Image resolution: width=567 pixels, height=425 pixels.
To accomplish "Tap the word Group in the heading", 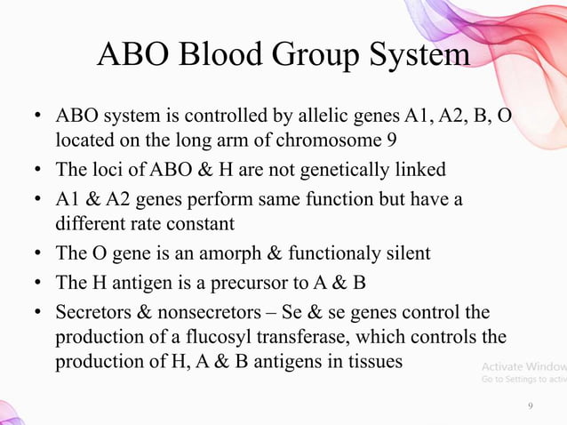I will click(x=315, y=55).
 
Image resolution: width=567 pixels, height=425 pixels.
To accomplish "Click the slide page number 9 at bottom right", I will click(x=531, y=406).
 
